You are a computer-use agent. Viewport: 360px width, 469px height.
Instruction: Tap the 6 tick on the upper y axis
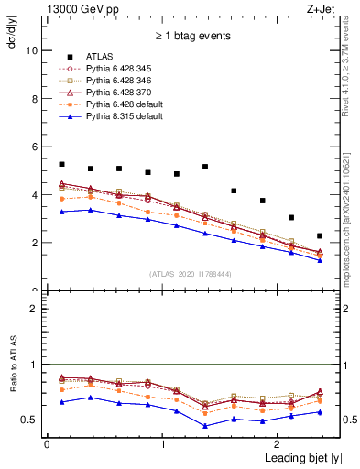click(35, 147)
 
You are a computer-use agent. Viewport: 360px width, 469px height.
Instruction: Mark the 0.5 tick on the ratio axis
click(30, 420)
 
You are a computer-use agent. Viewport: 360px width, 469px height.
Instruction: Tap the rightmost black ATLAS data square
click(320, 235)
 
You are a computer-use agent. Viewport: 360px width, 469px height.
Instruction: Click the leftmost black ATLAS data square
click(61, 164)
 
